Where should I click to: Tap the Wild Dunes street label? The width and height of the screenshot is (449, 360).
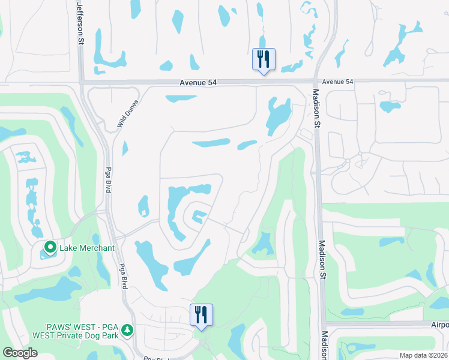point(128,115)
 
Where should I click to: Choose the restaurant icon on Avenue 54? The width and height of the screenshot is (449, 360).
point(263,59)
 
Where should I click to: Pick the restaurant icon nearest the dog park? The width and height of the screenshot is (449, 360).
point(201,315)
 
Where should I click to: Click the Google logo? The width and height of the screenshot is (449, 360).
point(20,353)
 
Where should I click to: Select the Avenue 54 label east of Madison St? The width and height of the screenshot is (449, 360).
point(337,82)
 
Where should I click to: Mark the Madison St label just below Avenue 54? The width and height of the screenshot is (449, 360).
point(316,108)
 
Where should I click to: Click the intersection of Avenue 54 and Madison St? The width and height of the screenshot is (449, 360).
point(316,83)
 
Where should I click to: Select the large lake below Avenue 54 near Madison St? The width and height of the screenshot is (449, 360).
point(277,116)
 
